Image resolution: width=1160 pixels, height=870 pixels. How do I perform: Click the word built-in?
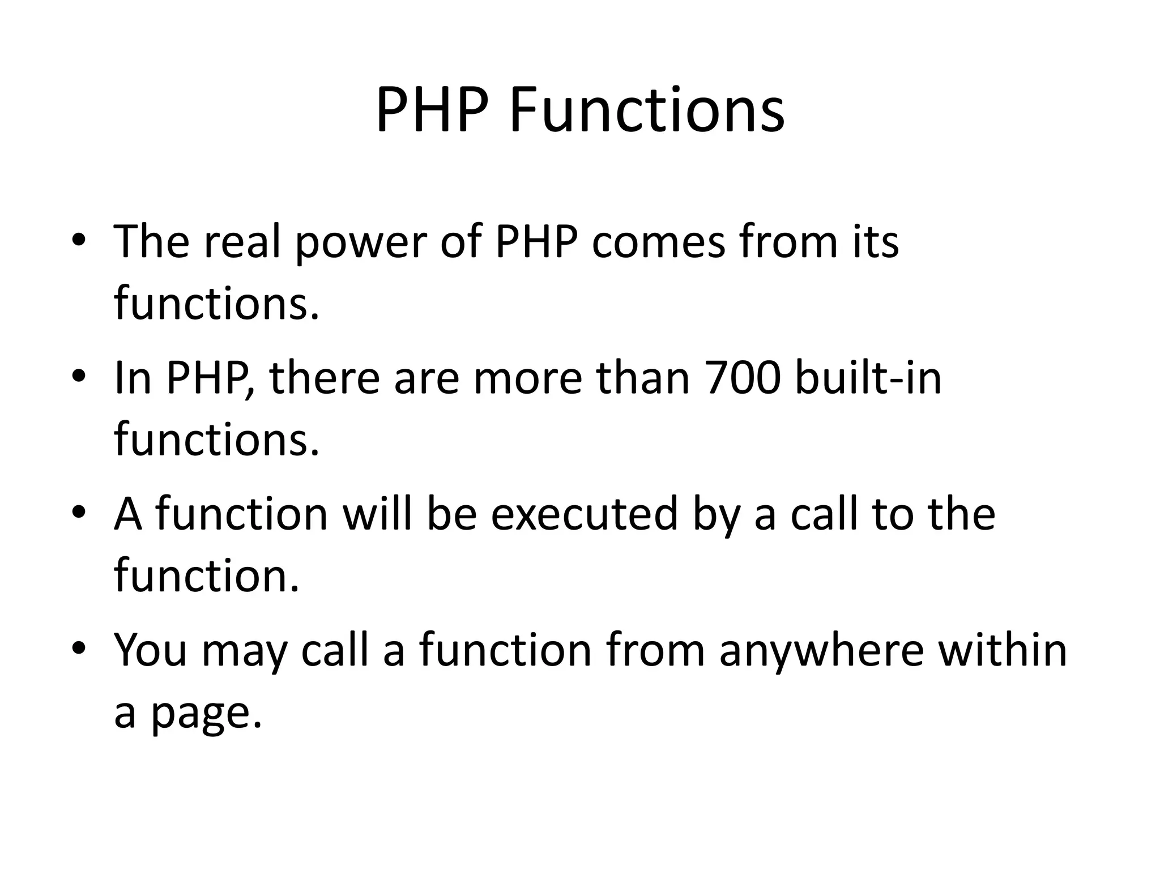click(868, 378)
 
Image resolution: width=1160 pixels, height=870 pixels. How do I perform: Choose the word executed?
click(584, 514)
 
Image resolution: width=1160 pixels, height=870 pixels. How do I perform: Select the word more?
click(527, 378)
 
